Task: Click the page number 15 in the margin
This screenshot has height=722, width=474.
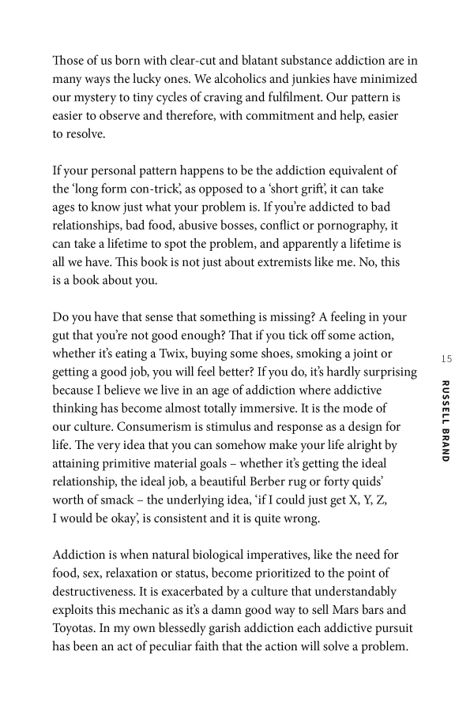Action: (446, 359)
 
